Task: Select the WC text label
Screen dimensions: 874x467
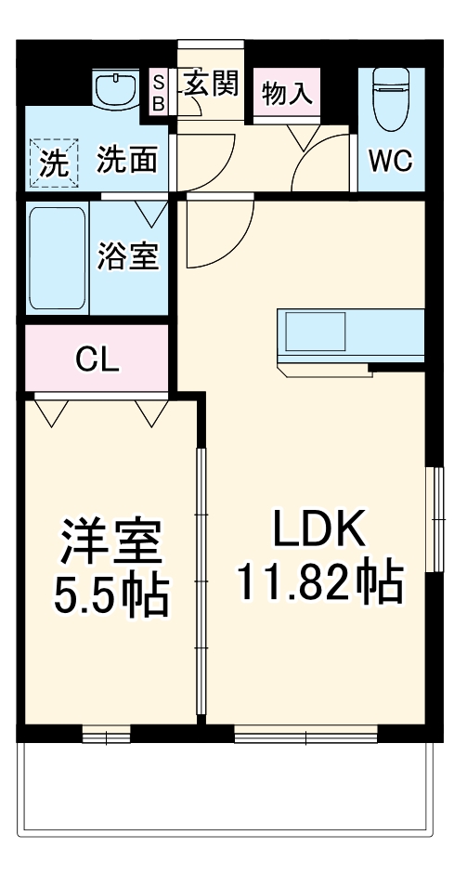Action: [x=391, y=161]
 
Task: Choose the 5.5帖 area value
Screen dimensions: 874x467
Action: [x=110, y=595]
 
